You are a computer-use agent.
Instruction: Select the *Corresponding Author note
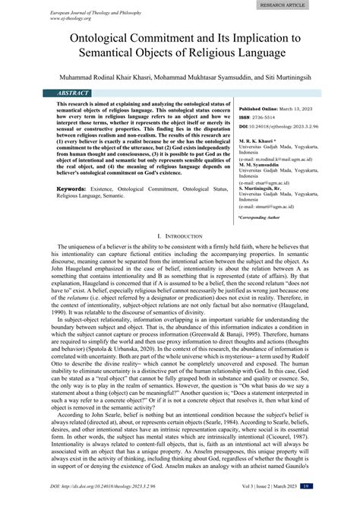(260, 217)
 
